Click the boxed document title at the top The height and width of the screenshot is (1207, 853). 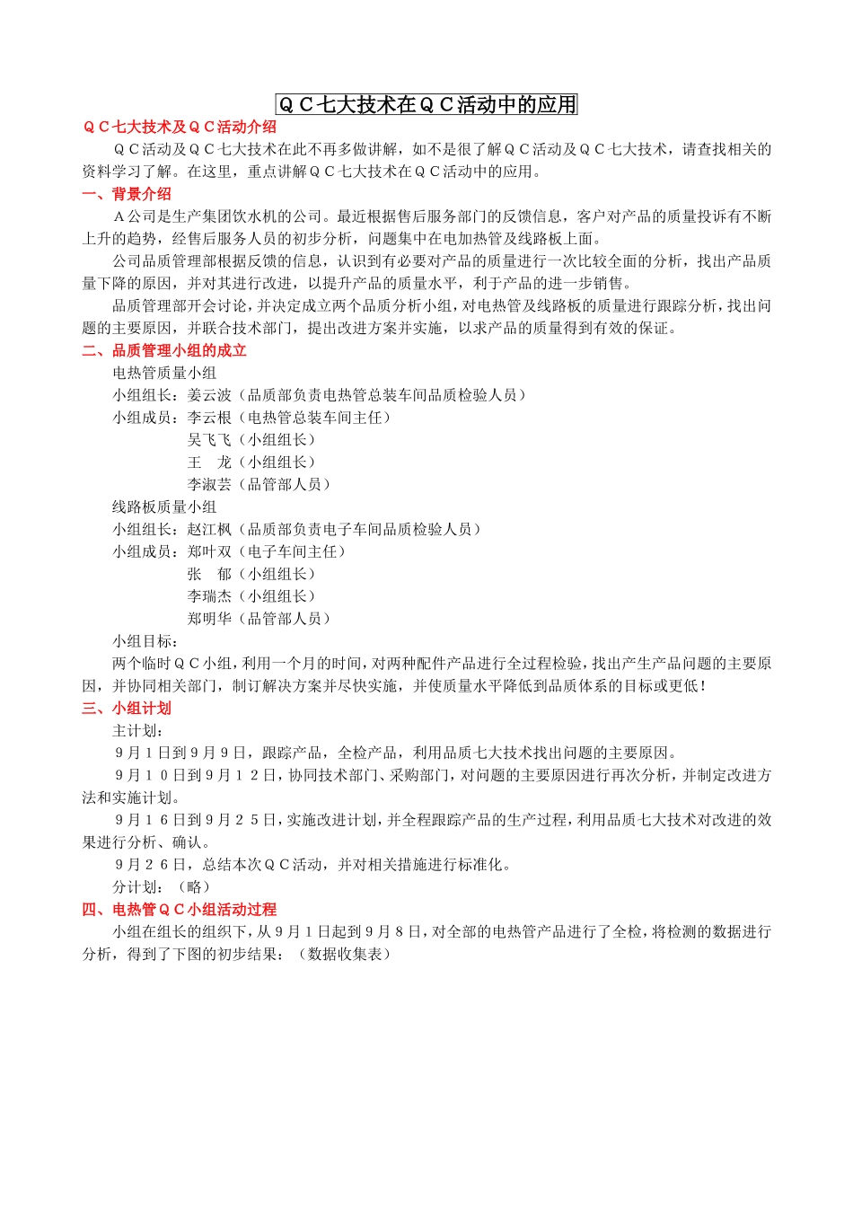tap(426, 105)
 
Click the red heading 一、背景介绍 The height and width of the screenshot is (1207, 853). tap(127, 194)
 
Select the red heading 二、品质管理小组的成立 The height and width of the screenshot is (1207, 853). tap(164, 350)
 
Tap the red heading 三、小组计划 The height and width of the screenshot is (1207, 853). tap(127, 708)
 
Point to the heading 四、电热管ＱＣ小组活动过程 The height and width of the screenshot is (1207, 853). tap(180, 909)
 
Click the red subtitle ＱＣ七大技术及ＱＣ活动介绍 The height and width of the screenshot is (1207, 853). tap(180, 128)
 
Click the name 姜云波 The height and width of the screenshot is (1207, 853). tap(209, 395)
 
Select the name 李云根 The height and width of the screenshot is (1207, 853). tap(209, 418)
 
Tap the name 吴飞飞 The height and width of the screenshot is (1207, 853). tap(209, 440)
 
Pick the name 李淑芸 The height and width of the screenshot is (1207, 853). tap(209, 484)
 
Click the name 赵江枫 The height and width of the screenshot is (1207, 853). tap(209, 529)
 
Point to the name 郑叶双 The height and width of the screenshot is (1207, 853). tap(209, 551)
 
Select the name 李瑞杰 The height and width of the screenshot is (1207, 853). tap(209, 596)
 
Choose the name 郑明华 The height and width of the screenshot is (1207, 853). tap(209, 619)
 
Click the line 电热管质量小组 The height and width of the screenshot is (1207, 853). tap(164, 373)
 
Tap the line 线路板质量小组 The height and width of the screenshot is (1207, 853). tap(164, 507)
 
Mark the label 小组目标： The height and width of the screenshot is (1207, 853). tap(145, 641)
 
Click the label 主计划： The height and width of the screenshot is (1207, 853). tap(138, 730)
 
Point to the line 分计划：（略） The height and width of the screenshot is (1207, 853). tap(162, 886)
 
